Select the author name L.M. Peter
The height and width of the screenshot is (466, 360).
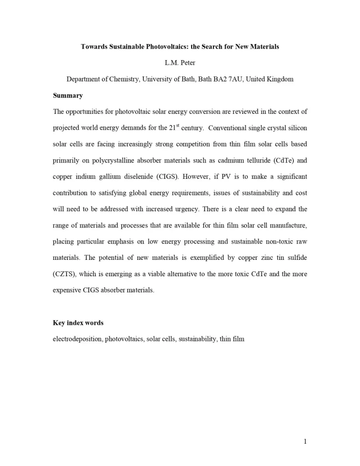(180, 63)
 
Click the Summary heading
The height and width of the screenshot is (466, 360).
(68, 96)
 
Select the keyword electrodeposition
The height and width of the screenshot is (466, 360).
(77, 339)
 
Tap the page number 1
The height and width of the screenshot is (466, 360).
(305, 441)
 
